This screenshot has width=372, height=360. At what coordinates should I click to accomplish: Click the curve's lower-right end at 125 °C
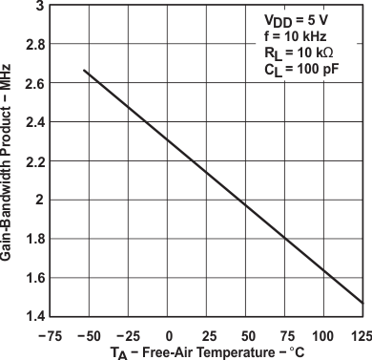(x=363, y=303)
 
